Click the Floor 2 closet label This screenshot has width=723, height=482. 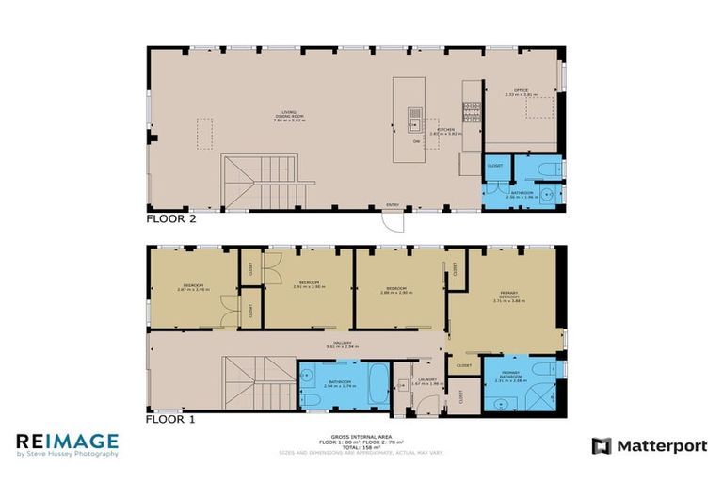pos(494,166)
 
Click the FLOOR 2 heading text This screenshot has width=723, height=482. pos(170,218)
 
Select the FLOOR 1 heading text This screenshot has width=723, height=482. pos(170,420)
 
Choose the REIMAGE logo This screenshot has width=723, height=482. pos(67,443)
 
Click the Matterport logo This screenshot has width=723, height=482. pos(649,446)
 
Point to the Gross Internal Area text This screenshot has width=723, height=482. pos(361,439)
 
